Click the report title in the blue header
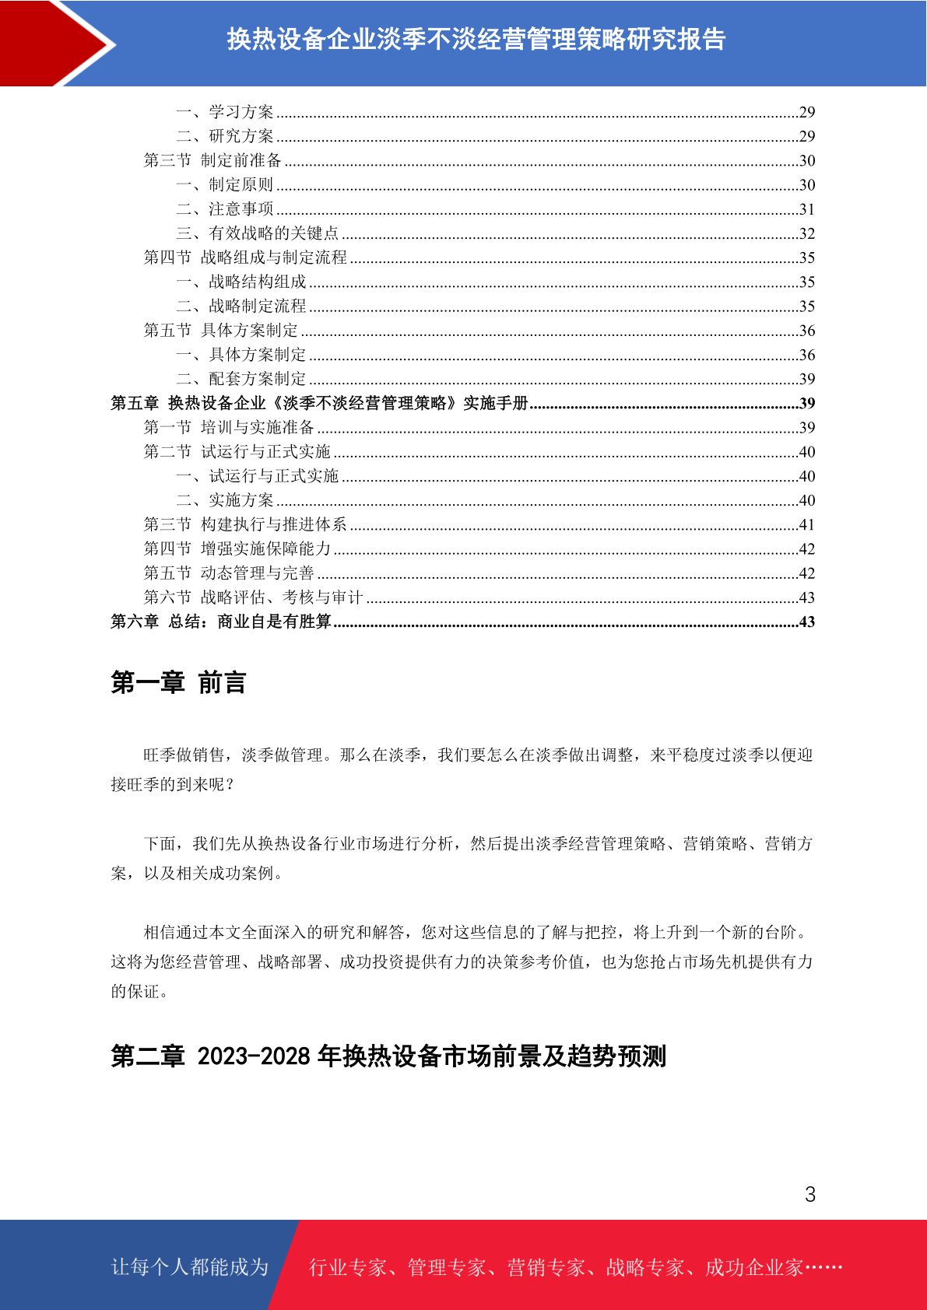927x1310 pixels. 476,39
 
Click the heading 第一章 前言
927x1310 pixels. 178,682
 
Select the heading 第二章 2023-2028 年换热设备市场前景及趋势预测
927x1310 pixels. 388,1056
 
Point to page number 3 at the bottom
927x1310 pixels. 809,1194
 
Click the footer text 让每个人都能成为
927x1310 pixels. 190,1266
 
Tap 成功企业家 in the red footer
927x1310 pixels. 753,1267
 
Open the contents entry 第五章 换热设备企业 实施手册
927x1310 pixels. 319,403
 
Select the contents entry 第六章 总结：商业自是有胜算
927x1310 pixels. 221,622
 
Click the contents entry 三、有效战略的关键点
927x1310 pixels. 257,233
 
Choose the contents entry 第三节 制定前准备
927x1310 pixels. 212,160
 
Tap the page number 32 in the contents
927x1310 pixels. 807,233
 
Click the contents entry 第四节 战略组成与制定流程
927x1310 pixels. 245,257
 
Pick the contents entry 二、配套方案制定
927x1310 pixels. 241,379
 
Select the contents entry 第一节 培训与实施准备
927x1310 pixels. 229,427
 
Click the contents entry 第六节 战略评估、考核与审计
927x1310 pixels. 253,597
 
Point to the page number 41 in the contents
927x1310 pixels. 807,524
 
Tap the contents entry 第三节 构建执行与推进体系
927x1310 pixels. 245,524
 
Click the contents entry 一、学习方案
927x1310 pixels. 225,112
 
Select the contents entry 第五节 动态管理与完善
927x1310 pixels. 229,573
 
